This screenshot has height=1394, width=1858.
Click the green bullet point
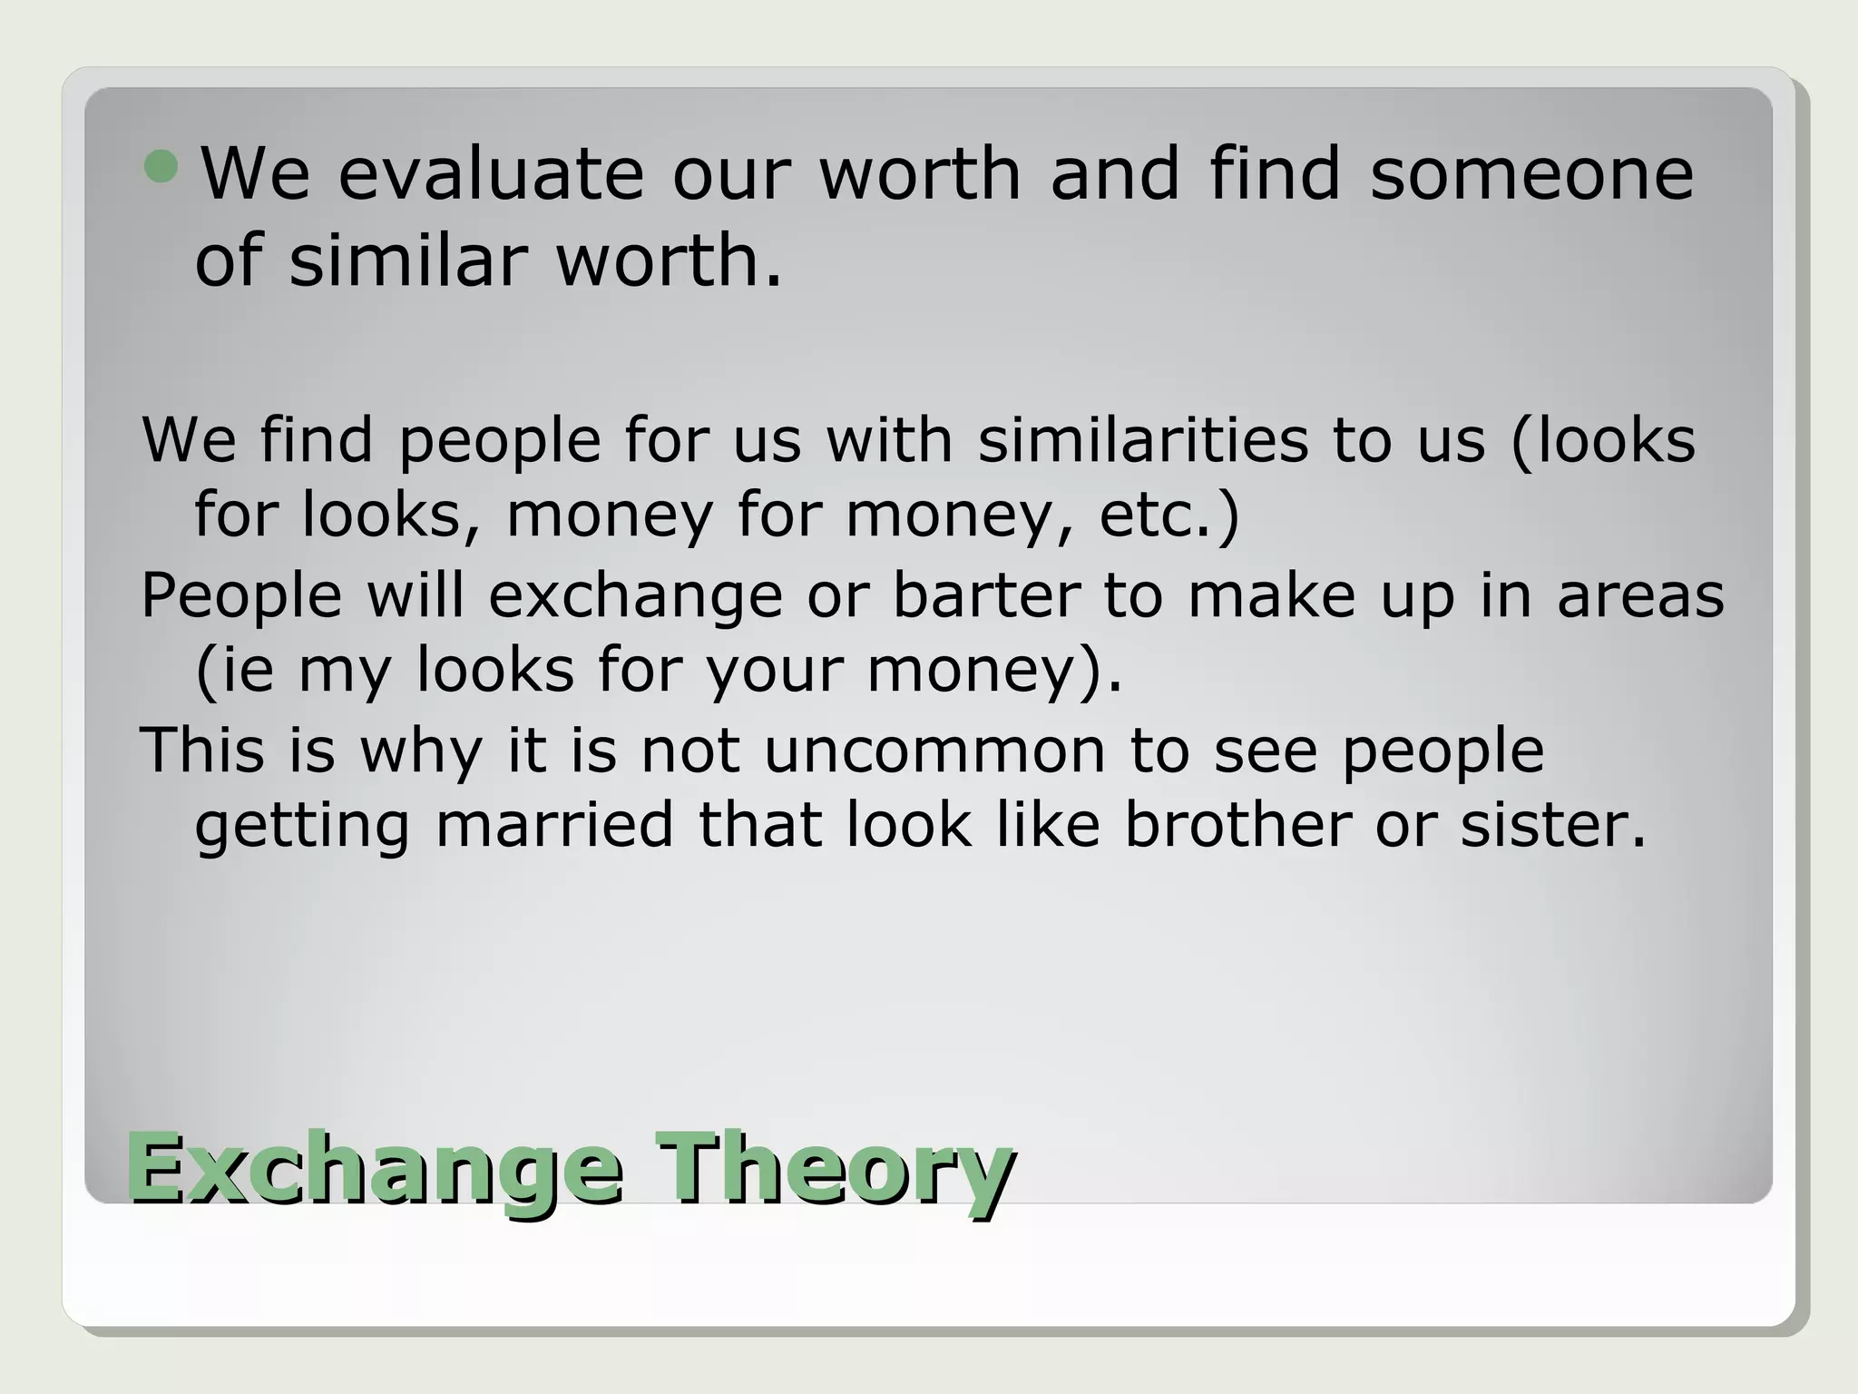[162, 167]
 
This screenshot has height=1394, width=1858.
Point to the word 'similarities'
[1142, 440]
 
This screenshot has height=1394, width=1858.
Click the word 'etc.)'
[1169, 515]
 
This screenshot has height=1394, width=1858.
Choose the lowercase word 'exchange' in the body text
[635, 596]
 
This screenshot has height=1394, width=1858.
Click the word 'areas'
[1640, 596]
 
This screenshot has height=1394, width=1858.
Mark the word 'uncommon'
[934, 751]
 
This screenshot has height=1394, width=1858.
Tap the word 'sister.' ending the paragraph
[1552, 825]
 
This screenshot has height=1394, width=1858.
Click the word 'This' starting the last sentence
[201, 751]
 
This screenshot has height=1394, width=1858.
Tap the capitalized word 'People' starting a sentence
[241, 596]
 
